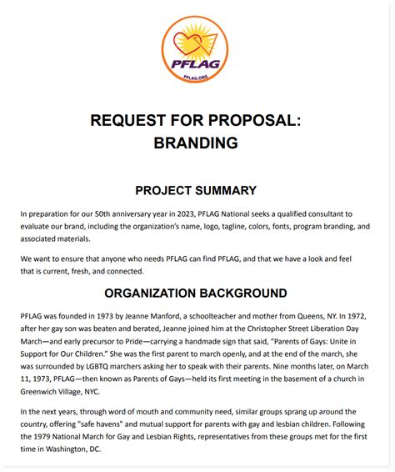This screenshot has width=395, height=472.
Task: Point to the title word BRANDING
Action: pos(196,143)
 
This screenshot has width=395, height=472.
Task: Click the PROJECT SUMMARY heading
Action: pos(196,190)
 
